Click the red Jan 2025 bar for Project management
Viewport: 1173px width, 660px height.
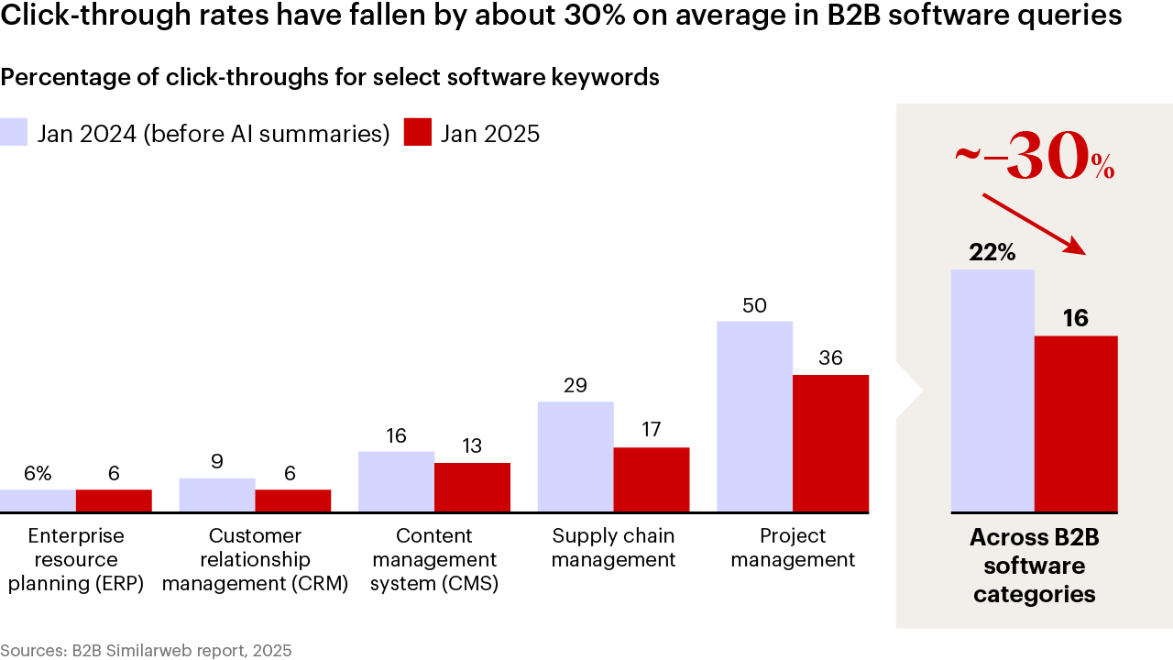point(830,443)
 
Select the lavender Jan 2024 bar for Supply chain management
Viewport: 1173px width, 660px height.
point(576,456)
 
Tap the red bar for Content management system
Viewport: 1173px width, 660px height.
point(472,487)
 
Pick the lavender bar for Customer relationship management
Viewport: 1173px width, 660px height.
point(217,495)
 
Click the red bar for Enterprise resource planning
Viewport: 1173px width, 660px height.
point(114,500)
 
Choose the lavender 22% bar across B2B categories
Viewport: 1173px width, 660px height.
point(992,390)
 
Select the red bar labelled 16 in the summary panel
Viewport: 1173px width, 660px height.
point(1076,423)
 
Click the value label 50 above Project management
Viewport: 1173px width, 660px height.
point(754,306)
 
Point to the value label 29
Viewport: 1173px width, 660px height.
point(576,386)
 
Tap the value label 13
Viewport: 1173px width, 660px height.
point(472,446)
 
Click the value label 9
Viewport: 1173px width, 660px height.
point(217,462)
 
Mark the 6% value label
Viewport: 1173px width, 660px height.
point(38,474)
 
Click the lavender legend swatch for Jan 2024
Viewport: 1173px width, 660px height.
point(15,133)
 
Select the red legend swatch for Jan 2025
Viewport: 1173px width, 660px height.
point(418,133)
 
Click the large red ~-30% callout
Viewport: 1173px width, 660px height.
point(1034,158)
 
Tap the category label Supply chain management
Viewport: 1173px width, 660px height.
point(613,547)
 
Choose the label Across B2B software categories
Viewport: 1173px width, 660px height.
point(1034,566)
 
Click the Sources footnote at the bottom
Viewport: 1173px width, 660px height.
point(146,651)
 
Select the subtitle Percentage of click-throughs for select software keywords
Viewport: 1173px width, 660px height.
point(330,78)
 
